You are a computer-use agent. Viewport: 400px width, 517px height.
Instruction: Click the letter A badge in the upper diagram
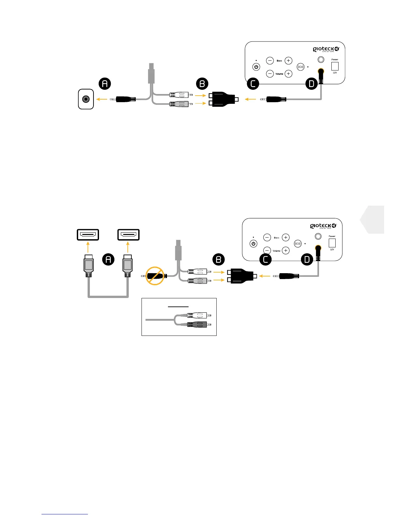point(105,84)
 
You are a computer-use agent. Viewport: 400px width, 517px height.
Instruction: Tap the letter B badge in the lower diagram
point(219,260)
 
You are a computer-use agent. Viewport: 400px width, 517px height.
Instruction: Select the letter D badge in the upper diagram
point(311,84)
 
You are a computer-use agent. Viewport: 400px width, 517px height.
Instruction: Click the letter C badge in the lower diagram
point(265,260)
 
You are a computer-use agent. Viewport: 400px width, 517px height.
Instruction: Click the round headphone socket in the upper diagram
point(86,99)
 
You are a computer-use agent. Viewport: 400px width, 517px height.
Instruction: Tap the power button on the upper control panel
point(256,67)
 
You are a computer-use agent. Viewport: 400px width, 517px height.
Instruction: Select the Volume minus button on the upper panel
point(270,74)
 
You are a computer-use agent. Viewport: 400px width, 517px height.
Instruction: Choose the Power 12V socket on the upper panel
point(335,66)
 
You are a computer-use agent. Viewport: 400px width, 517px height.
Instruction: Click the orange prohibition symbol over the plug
point(155,276)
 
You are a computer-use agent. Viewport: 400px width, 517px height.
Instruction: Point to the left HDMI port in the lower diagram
point(88,235)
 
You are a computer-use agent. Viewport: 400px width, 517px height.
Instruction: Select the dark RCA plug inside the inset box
point(197,324)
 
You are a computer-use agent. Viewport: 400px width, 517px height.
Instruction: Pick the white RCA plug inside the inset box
point(197,315)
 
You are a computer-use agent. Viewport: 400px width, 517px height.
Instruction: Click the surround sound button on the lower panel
point(297,243)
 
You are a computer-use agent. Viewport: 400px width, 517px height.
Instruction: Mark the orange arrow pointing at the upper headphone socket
point(102,99)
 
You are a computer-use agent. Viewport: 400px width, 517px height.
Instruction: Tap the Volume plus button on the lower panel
point(286,250)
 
